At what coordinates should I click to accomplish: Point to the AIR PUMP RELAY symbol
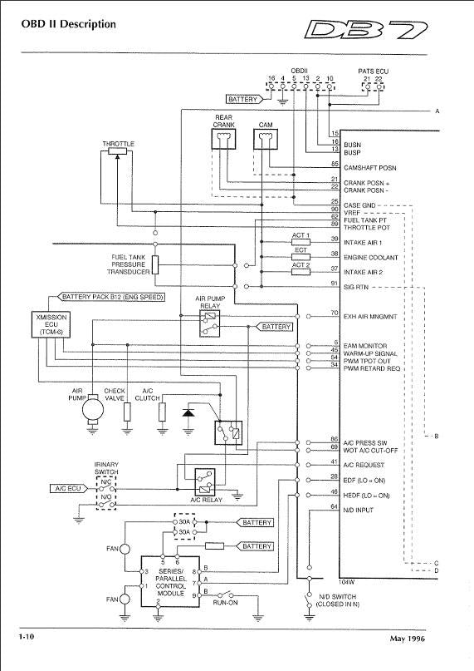(208, 325)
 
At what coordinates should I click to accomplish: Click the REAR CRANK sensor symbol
(224, 141)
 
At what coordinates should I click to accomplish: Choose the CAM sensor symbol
(265, 142)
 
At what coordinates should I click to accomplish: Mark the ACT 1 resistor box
(301, 243)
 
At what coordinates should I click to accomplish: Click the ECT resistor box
(301, 257)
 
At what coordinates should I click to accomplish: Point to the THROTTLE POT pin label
(367, 225)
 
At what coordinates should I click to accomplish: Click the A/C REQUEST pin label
(364, 464)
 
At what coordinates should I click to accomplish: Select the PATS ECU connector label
(372, 72)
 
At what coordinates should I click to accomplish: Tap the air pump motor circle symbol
(91, 409)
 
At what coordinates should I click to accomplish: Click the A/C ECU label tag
(65, 489)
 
